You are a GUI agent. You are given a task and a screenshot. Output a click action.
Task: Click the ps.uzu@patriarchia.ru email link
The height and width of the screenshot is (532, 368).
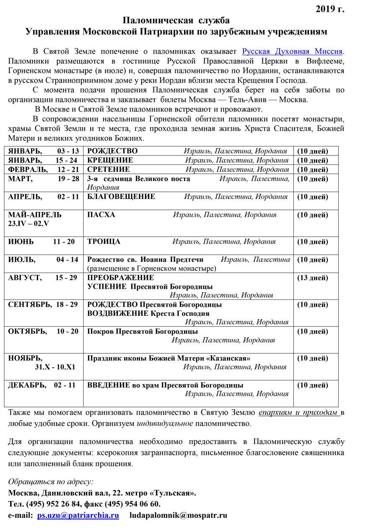pyautogui.click(x=78, y=515)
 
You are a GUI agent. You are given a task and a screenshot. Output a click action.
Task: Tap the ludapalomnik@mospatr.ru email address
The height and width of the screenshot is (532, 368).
pyautogui.click(x=178, y=515)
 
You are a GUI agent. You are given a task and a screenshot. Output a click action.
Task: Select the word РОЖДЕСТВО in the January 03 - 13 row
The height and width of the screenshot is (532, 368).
pyautogui.click(x=112, y=151)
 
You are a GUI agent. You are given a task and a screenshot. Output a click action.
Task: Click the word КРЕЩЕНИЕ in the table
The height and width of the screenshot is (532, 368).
pyautogui.click(x=110, y=160)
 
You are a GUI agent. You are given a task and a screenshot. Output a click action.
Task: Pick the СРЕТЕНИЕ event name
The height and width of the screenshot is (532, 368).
pyautogui.click(x=109, y=170)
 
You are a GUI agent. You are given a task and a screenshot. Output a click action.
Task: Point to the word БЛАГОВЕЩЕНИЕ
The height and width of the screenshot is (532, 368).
pyautogui.click(x=121, y=196)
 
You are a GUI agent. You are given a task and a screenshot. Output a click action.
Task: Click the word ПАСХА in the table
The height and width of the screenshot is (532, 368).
pyautogui.click(x=101, y=215)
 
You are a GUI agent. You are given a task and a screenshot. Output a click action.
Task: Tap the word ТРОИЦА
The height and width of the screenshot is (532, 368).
pyautogui.click(x=104, y=242)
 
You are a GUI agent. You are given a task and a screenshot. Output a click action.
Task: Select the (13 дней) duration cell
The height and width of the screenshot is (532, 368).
pyautogui.click(x=312, y=278)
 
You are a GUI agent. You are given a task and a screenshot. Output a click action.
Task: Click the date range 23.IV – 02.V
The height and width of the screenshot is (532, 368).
pyautogui.click(x=29, y=224)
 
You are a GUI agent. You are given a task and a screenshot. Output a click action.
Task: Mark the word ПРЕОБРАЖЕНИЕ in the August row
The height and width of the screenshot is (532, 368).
pyautogui.click(x=120, y=278)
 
